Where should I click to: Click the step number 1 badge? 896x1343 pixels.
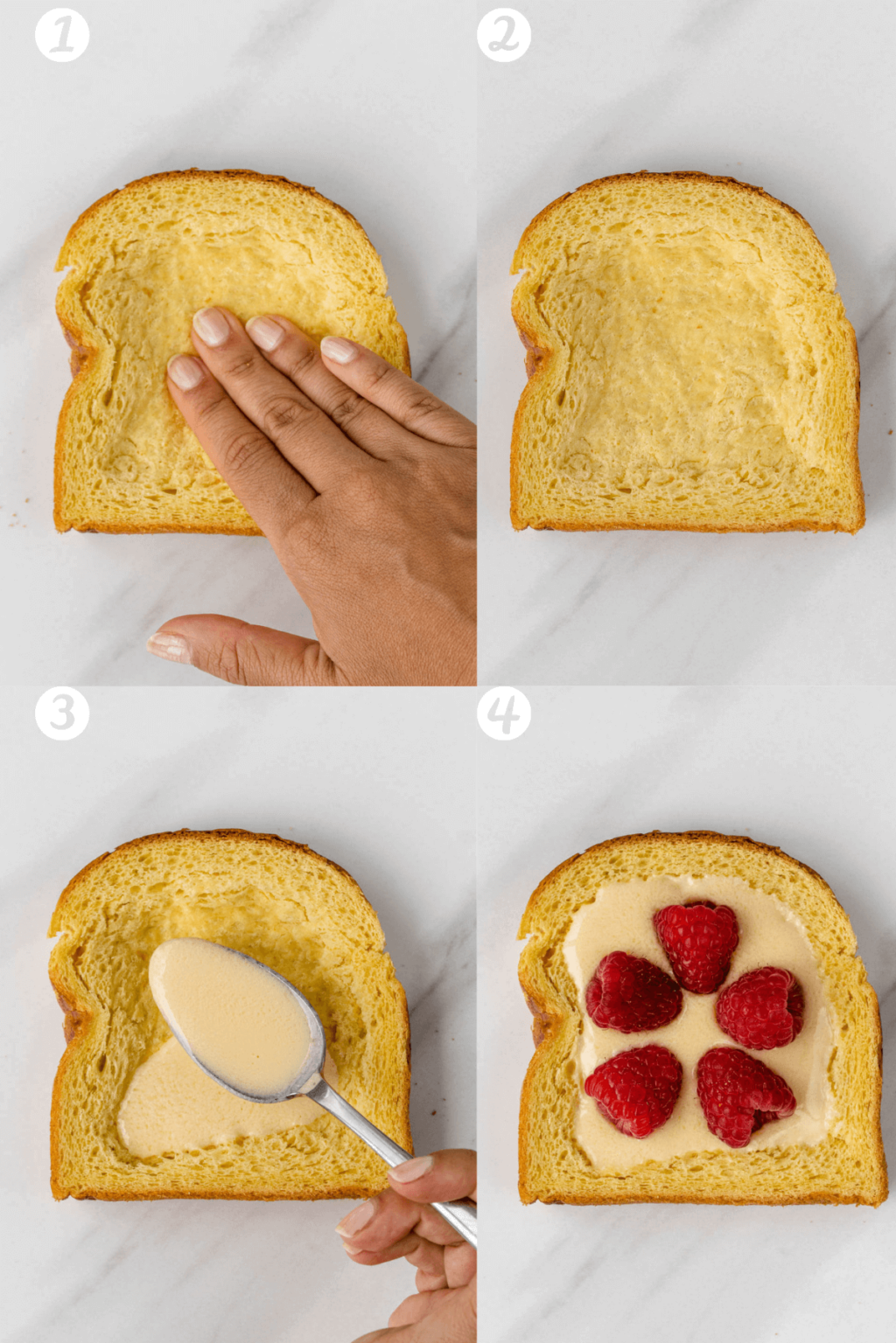61,35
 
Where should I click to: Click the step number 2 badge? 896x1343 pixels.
503,35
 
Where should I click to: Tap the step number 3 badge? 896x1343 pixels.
61,713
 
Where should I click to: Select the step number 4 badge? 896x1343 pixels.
503,713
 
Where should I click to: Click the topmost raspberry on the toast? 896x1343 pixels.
697,946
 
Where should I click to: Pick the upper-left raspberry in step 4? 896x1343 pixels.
632,993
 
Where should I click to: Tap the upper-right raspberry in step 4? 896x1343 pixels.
760,1007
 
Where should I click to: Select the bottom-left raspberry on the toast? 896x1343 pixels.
634,1089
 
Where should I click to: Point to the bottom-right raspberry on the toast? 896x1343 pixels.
744,1095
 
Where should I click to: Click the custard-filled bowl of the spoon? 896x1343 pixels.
233,1014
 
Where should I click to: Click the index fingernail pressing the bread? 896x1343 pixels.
185,372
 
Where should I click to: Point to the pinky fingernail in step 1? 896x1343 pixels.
339,350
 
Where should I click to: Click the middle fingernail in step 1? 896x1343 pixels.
211,325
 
